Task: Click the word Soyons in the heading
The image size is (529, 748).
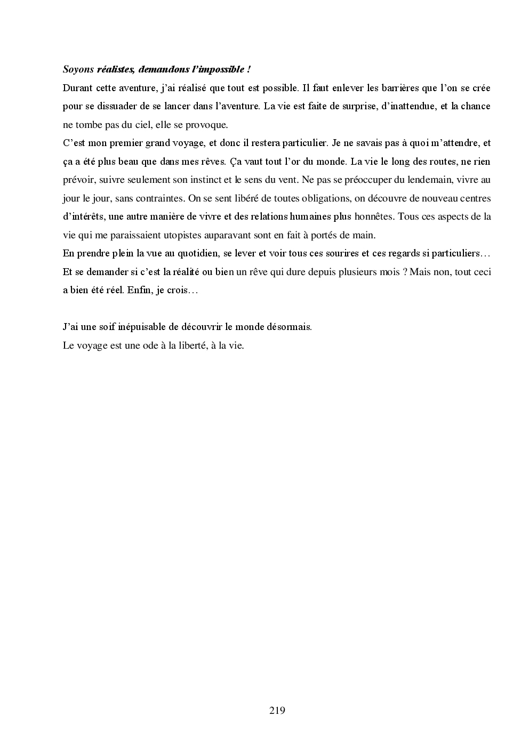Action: [78, 69]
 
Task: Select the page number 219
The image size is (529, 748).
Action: [277, 710]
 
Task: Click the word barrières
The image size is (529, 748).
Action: [386, 87]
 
